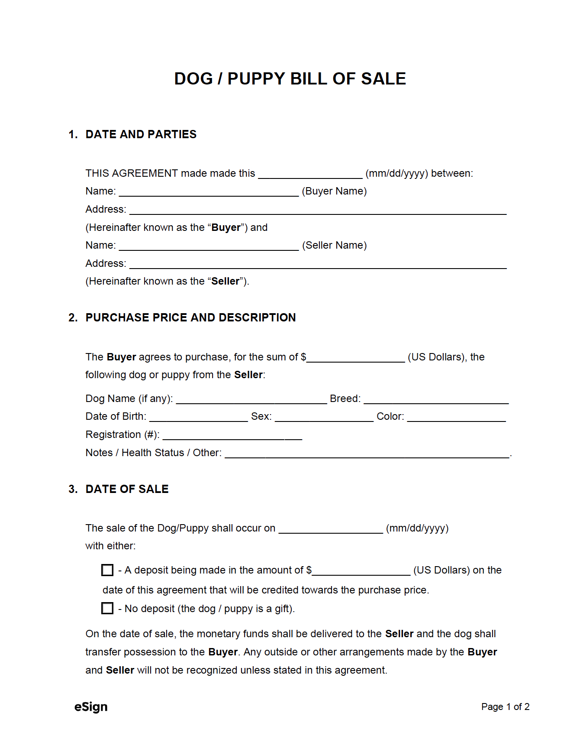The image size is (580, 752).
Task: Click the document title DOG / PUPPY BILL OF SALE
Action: [x=290, y=79]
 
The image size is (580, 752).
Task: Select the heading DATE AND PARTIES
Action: [x=141, y=134]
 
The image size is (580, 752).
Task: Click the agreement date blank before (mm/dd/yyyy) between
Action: [x=310, y=174]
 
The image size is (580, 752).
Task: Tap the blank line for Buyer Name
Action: [x=209, y=192]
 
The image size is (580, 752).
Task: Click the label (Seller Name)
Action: [x=334, y=245]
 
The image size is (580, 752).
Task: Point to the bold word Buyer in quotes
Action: [x=226, y=227]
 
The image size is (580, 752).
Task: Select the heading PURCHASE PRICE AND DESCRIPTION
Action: [x=190, y=318]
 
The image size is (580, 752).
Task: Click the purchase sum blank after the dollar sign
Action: [x=355, y=358]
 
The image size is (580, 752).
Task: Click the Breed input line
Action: [x=436, y=399]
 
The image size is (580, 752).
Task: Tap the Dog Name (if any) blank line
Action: [x=251, y=399]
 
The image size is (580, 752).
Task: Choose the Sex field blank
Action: [x=324, y=417]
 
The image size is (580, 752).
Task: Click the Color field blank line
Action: [x=456, y=417]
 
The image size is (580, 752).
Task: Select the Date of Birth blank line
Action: [x=198, y=417]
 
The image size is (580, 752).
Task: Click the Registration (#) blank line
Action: [x=232, y=435]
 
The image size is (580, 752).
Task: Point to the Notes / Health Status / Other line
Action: [x=367, y=454]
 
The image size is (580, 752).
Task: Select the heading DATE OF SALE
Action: [x=127, y=489]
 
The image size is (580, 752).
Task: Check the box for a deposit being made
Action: [x=107, y=570]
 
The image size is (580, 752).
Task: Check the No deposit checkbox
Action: [x=107, y=608]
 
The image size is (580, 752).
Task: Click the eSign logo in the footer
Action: [x=91, y=707]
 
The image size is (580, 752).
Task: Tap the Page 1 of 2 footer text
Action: [x=505, y=707]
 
